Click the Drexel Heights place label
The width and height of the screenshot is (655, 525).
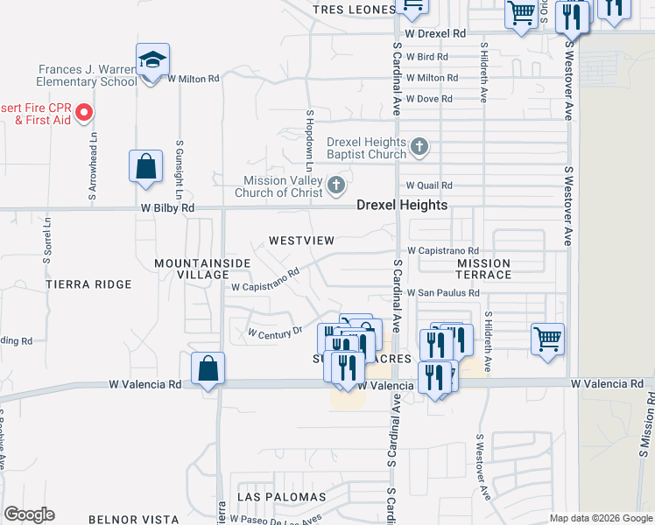click(x=402, y=206)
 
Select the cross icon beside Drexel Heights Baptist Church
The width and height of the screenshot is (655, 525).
click(x=419, y=146)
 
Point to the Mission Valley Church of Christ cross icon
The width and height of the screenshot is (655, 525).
click(x=336, y=185)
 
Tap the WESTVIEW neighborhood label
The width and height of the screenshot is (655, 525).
click(x=302, y=240)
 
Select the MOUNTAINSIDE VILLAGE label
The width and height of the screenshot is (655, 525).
click(x=202, y=269)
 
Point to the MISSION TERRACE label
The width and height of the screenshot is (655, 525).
click(x=484, y=269)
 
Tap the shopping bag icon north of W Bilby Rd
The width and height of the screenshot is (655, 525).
click(x=145, y=167)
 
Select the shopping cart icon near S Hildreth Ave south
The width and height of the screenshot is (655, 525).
click(x=547, y=339)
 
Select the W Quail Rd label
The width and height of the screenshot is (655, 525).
click(x=429, y=185)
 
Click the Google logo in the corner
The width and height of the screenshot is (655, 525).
click(x=29, y=514)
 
